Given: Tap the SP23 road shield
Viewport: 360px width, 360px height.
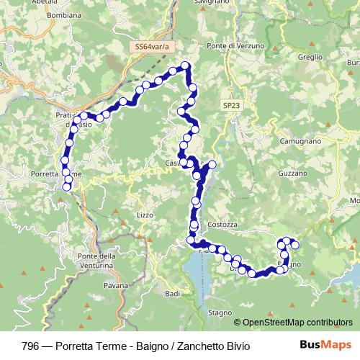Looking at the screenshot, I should (x=230, y=105).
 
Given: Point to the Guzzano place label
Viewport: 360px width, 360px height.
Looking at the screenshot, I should (x=292, y=174).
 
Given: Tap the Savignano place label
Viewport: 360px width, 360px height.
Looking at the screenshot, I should (x=212, y=3).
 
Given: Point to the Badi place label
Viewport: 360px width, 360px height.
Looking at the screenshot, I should (x=172, y=294).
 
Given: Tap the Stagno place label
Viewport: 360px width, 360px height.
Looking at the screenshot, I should (x=220, y=312).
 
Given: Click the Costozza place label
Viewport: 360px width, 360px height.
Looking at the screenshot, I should (x=222, y=225).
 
